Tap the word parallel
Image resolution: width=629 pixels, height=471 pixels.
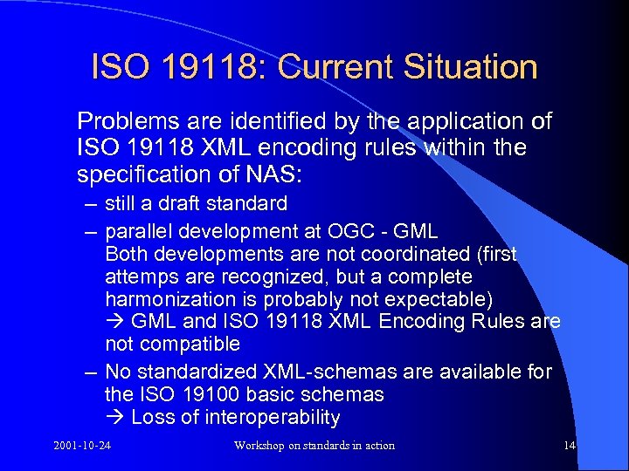point(137,231)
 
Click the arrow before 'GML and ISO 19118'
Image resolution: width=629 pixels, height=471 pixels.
point(115,322)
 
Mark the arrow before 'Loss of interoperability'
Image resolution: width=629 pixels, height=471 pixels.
point(115,417)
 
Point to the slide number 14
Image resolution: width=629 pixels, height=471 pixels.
point(570,446)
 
